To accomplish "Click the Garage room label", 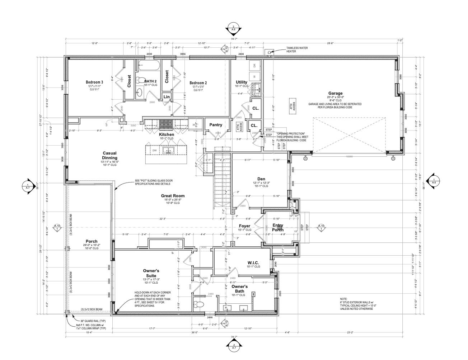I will coord(335,93).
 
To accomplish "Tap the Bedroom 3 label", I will coord(94,82).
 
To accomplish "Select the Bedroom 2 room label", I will coord(198,83).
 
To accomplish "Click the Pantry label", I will coord(216,125).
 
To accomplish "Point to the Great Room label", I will coord(173,196).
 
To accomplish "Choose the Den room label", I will coord(261,179).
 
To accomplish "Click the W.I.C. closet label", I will coord(253,263).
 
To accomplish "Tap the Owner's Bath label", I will coord(239,289).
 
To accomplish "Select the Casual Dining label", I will coord(109,155).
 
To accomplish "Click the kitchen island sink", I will coord(168,150).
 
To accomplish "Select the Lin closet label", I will coord(167,97).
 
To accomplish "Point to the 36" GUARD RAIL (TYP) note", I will coord(85,321).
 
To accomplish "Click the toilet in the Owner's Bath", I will coord(198,304).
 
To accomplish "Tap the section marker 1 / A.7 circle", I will coord(28,186).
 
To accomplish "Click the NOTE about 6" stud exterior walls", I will coord(356,304).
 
